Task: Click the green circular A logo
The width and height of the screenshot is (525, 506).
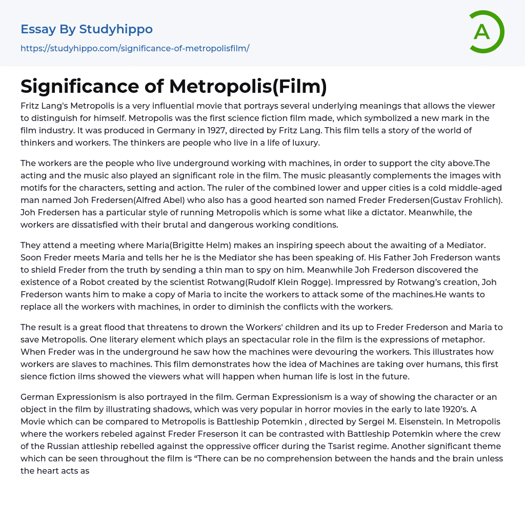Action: click(x=486, y=32)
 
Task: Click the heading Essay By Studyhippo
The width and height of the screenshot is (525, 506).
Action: click(x=87, y=29)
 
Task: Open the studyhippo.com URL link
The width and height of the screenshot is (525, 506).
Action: click(x=135, y=49)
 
